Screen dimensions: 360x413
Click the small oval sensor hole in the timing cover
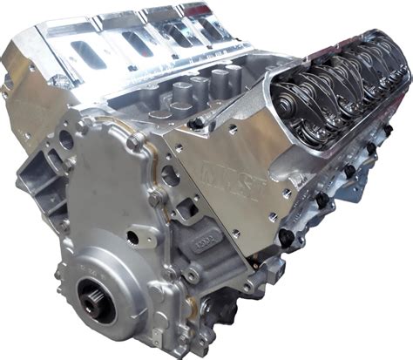click(132, 236)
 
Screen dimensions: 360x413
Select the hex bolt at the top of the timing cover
click(131, 139)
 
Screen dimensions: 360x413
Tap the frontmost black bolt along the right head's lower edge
click(285, 236)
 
